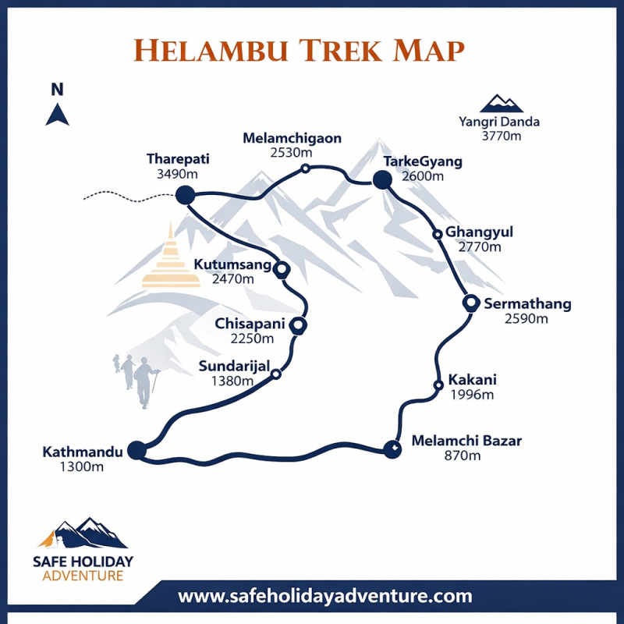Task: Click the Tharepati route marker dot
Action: pos(185,194)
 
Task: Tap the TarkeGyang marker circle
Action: pos(381,181)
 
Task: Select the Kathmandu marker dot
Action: pos(136,450)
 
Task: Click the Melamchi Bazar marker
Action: pos(392,448)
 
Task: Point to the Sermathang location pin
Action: pos(470,303)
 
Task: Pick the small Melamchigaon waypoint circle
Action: pos(306,168)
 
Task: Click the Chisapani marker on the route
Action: pos(297,325)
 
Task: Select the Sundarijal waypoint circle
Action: pos(275,374)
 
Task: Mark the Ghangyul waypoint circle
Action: pos(438,234)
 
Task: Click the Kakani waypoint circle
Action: pos(438,384)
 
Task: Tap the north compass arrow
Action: pos(57,115)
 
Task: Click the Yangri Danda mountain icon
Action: pos(502,104)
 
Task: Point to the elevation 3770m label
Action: pos(501,136)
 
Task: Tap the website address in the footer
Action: pos(325,597)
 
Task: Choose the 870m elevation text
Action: pos(462,456)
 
